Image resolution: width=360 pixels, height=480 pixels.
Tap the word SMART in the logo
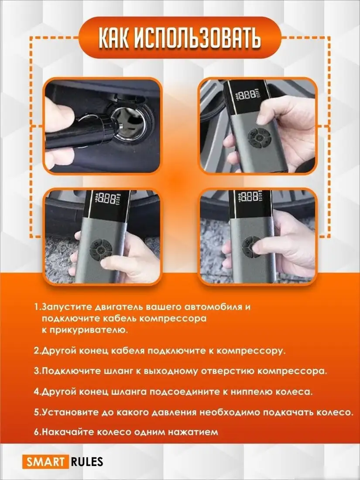(44, 461)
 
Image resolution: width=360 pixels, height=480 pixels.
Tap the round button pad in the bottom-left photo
(101, 251)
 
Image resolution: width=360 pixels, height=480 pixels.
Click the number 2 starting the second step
(36, 350)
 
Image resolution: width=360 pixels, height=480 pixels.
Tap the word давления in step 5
(171, 412)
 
